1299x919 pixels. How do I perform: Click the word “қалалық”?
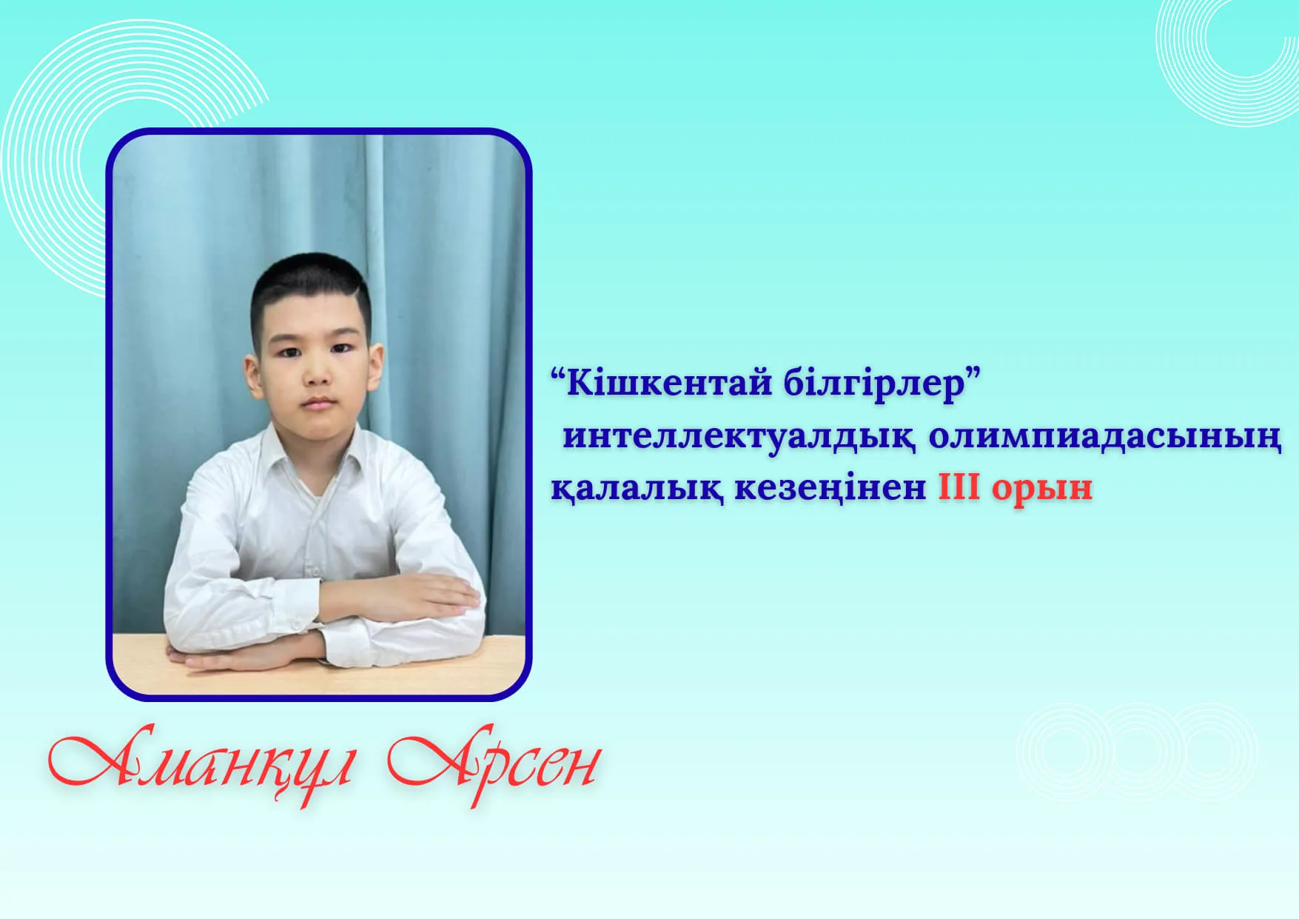(637, 489)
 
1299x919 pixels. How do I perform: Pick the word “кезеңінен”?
(830, 489)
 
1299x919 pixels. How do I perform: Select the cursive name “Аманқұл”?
(200, 763)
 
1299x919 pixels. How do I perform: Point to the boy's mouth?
(320, 404)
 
